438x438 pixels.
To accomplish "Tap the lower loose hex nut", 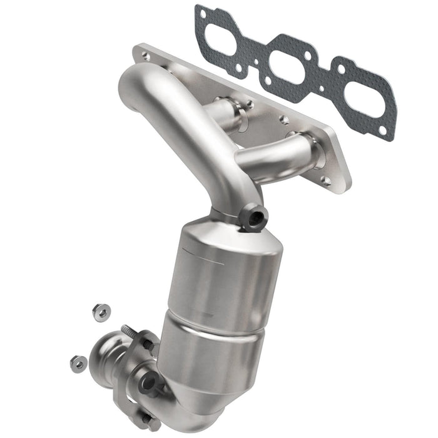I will tap(78, 362).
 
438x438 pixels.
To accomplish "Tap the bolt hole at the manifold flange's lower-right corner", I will tap(325, 181).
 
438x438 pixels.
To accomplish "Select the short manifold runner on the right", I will tap(275, 156).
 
